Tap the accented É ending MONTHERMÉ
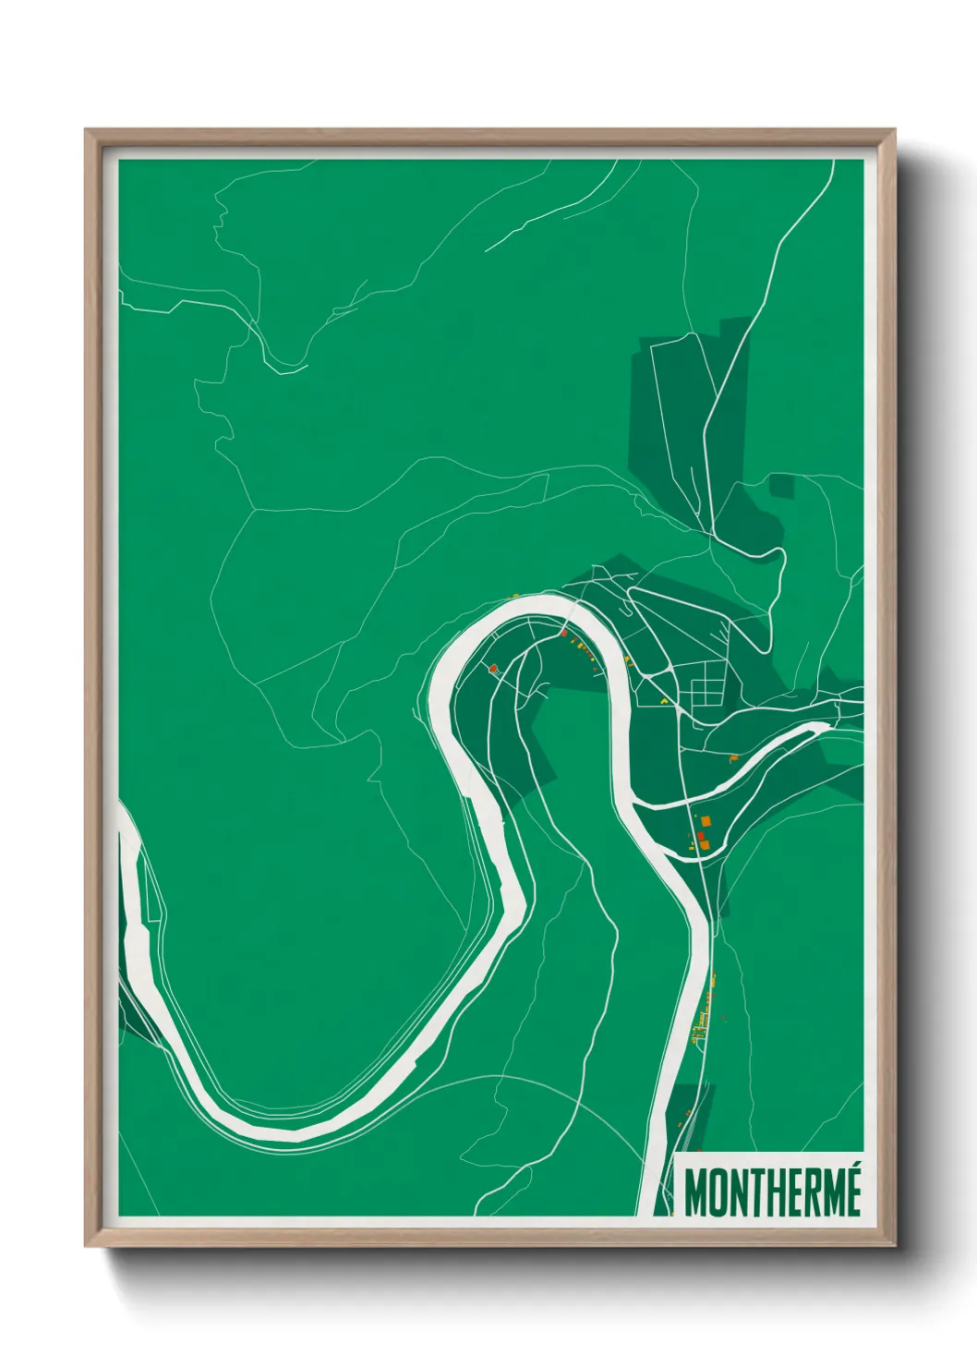(x=851, y=1191)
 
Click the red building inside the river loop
(x=493, y=667)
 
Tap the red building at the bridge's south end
(x=562, y=634)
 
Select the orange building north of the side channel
(x=734, y=758)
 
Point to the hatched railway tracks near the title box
(x=688, y=1122)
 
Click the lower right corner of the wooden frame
(x=895, y=1246)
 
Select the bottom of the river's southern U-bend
(x=277, y=1131)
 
